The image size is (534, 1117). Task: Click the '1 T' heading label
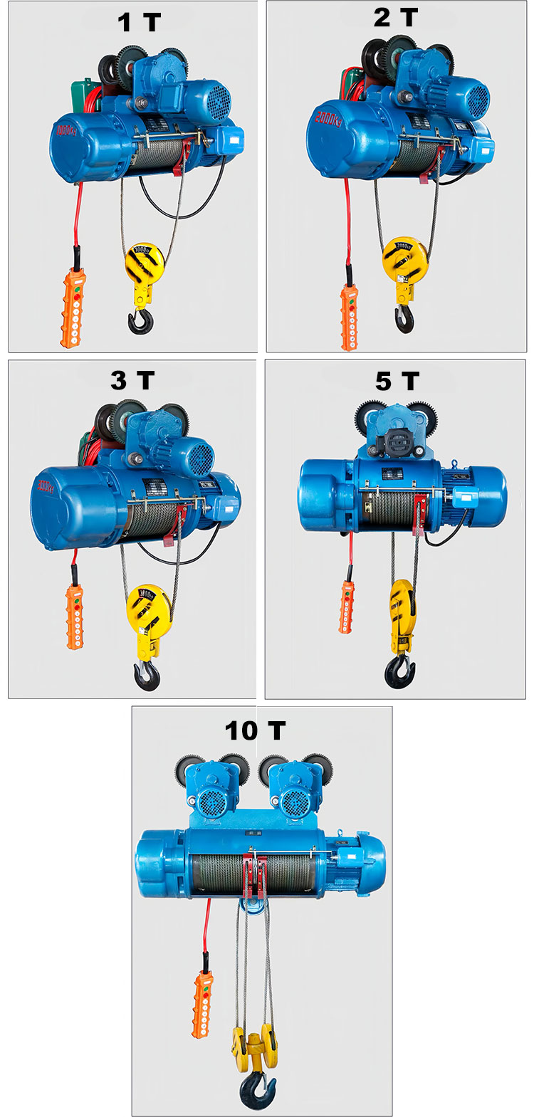pyautogui.click(x=139, y=22)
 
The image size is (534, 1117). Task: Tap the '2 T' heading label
pyautogui.click(x=396, y=18)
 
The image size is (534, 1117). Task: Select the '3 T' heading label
pyautogui.click(x=132, y=380)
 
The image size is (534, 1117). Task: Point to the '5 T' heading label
pyautogui.click(x=397, y=381)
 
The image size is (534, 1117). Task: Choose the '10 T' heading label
pyautogui.click(x=255, y=730)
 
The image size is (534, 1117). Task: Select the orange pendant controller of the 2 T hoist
pyautogui.click(x=348, y=317)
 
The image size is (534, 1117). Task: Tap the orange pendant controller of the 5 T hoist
pyautogui.click(x=347, y=606)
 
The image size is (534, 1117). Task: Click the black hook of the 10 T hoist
pyautogui.click(x=257, y=1089)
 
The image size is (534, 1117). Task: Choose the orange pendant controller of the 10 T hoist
pyautogui.click(x=203, y=1004)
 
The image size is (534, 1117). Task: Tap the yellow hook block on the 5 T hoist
pyautogui.click(x=402, y=612)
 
